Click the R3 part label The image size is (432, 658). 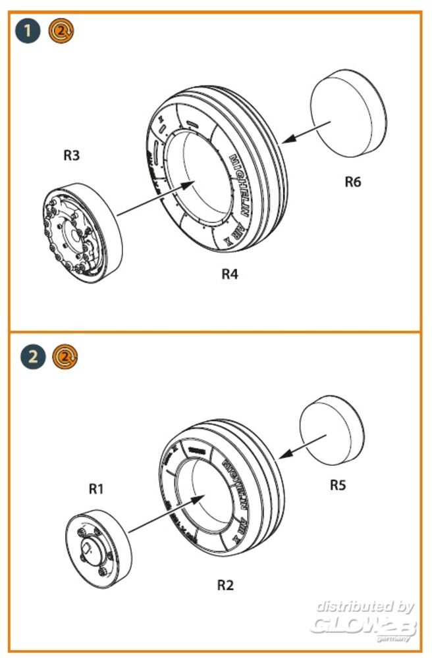(72, 156)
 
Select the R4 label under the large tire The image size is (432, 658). (230, 274)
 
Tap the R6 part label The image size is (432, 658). (353, 182)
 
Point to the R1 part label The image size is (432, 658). (97, 488)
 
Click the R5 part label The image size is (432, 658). (338, 485)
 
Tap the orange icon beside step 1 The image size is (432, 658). (61, 30)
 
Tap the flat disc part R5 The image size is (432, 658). (333, 430)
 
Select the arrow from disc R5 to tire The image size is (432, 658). (304, 445)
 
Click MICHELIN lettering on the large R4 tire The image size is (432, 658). (239, 188)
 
